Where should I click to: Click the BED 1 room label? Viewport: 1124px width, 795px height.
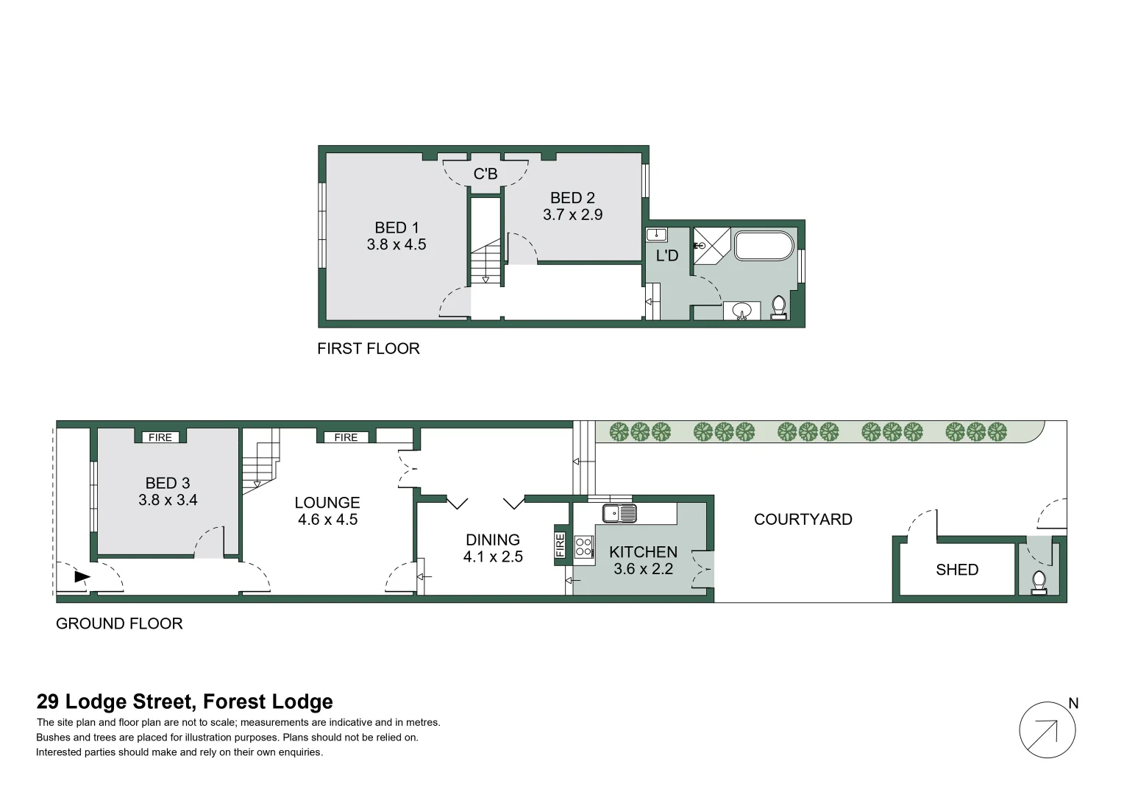tap(396, 227)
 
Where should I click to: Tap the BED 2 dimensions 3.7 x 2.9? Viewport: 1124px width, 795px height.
tap(572, 215)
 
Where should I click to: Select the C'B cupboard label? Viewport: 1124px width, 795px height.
tap(485, 174)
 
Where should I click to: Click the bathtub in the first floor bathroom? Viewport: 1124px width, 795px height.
tap(764, 246)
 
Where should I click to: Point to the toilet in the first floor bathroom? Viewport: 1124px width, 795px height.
tap(778, 306)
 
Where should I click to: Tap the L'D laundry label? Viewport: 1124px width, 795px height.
tap(667, 255)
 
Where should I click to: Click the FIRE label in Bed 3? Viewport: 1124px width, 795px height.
tap(160, 437)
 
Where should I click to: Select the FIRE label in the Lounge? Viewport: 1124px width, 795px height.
tap(346, 437)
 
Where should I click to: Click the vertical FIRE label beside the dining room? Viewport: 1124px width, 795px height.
tap(561, 545)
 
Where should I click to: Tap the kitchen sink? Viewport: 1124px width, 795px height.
tap(619, 512)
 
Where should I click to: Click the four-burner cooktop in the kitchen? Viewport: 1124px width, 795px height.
tap(584, 547)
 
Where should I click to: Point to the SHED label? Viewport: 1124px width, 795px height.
tap(957, 570)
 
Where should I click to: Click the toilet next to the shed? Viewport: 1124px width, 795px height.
tap(1039, 582)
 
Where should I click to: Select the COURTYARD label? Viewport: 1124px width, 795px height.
tap(803, 520)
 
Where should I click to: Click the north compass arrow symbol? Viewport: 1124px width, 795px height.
tap(1047, 730)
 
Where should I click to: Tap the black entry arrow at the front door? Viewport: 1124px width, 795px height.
tap(82, 577)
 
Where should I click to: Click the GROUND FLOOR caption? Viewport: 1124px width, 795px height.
tap(119, 623)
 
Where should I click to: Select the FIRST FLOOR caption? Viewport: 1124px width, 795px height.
tap(368, 349)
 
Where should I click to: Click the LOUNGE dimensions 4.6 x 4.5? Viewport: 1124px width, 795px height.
tap(327, 520)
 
